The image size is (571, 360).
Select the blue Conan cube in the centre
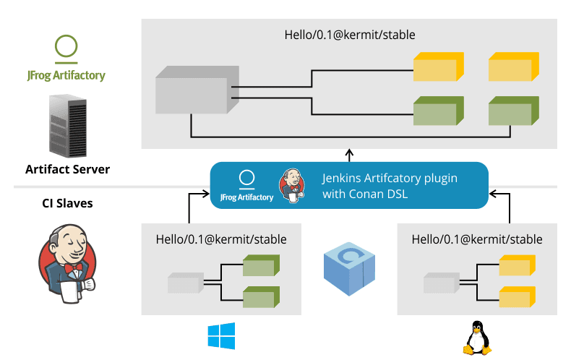[x=350, y=270]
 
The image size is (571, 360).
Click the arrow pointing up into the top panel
[x=349, y=154]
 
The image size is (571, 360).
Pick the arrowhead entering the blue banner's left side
[x=205, y=194]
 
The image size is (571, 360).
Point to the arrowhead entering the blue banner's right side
[x=494, y=194]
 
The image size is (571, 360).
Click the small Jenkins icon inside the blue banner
[x=292, y=186]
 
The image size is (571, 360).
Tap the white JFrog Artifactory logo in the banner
[x=246, y=186]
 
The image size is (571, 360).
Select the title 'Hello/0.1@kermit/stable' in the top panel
[x=351, y=34]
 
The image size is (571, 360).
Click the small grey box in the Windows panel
[x=186, y=283]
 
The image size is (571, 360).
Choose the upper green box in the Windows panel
[x=260, y=267]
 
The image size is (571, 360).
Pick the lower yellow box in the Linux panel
[x=517, y=297]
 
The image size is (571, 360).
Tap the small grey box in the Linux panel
[x=442, y=283]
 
